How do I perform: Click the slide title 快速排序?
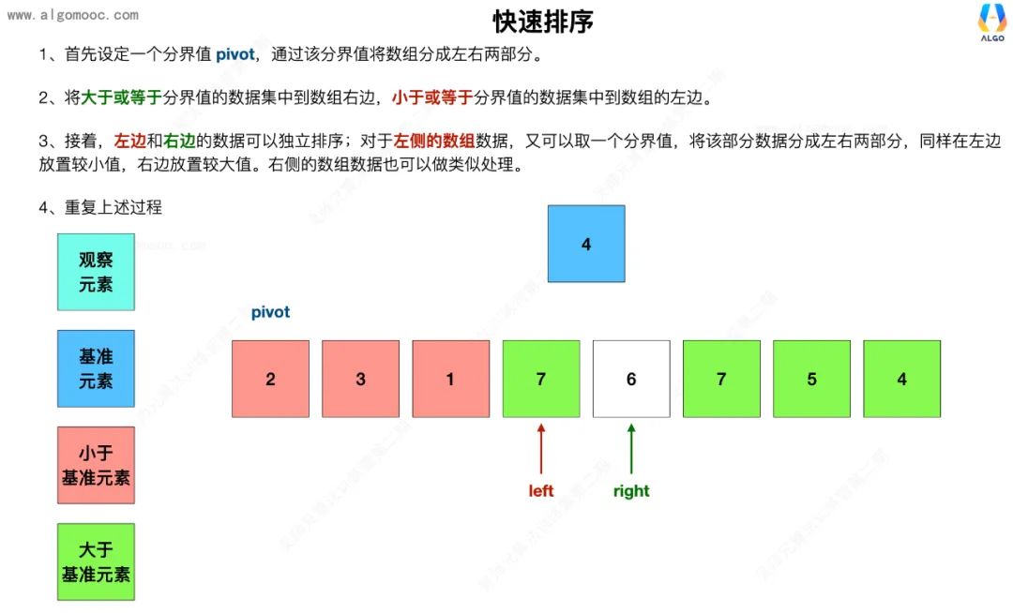pos(543,22)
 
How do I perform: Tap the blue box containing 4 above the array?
pos(586,244)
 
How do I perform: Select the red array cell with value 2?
pos(270,379)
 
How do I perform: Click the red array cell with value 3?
pos(360,379)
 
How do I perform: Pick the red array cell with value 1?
pos(450,379)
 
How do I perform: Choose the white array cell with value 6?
pos(631,379)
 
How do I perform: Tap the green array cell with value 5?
pos(811,379)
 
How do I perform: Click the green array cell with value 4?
pos(901,379)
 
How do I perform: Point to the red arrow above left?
pos(541,448)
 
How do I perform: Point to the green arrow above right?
pos(631,448)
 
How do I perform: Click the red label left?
pos(541,491)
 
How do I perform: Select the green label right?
pos(631,491)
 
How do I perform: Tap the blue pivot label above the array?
pos(270,312)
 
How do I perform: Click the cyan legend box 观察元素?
pos(96,272)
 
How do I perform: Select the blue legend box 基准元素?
pos(96,368)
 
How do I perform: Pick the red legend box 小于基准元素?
pos(96,465)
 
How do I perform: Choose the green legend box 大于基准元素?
pos(96,561)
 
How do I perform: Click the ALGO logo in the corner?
pos(991,22)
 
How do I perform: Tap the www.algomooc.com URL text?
pos(72,15)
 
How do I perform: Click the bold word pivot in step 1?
pos(234,54)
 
